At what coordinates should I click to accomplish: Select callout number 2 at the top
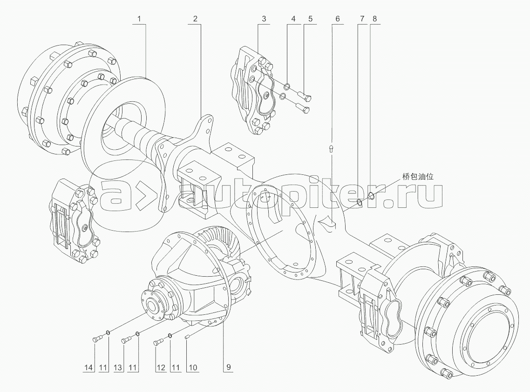click(195, 20)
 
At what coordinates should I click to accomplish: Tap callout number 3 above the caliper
click(264, 20)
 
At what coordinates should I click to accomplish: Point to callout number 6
click(337, 20)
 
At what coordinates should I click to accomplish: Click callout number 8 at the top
click(375, 20)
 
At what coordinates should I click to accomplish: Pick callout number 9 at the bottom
click(229, 368)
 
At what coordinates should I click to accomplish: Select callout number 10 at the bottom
click(192, 368)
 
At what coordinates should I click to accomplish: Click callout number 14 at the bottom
click(89, 368)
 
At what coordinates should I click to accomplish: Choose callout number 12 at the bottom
click(160, 368)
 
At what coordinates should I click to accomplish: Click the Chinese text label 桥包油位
click(418, 177)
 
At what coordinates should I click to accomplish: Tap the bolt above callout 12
click(157, 343)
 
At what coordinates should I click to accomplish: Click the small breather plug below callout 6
click(331, 148)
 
